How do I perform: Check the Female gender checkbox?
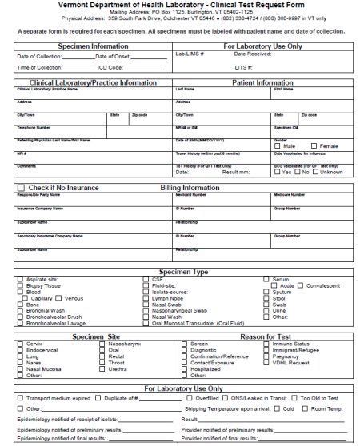click(315, 146)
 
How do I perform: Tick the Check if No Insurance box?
click(21, 188)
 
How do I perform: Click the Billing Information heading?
click(190, 188)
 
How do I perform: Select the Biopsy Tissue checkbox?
click(21, 285)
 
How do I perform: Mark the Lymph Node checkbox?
click(146, 297)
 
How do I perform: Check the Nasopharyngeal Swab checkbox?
click(146, 309)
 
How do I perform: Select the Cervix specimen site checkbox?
click(21, 344)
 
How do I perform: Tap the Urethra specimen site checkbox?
click(102, 368)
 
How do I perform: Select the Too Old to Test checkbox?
click(295, 397)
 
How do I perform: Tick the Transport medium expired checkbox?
click(21, 397)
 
